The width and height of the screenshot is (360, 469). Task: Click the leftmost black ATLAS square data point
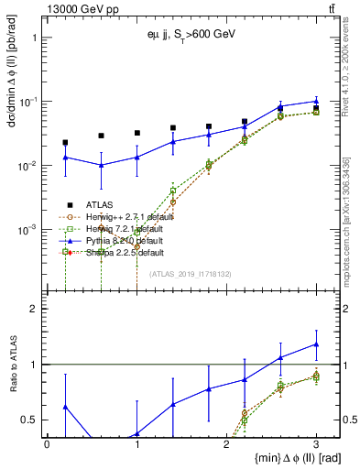[x=65, y=142]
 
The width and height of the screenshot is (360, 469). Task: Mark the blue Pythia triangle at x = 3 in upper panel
[x=316, y=102]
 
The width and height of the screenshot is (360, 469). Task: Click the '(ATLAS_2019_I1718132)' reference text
[x=191, y=274]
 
